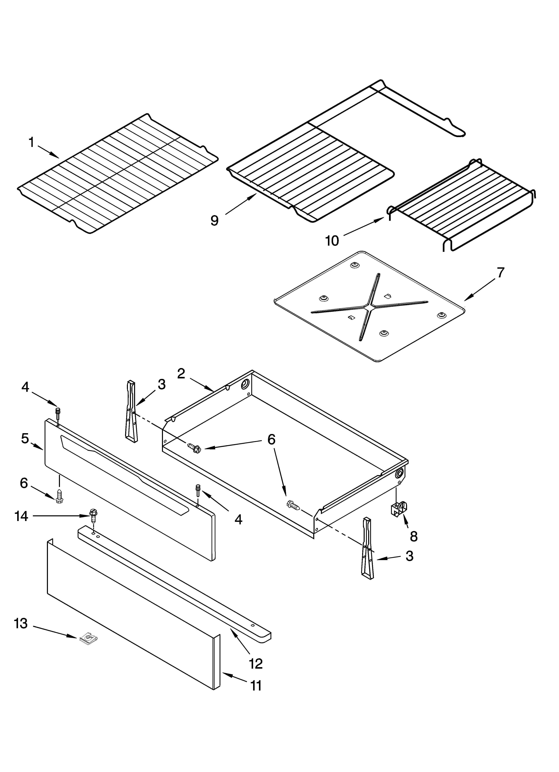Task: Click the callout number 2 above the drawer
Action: click(181, 374)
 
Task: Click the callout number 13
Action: click(21, 624)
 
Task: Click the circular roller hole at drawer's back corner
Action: click(245, 385)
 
